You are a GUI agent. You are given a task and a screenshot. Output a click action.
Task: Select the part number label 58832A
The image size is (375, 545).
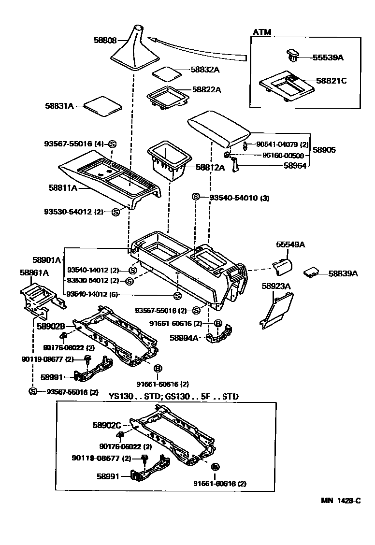tap(204, 70)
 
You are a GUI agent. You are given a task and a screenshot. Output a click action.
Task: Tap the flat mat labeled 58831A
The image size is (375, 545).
tap(102, 105)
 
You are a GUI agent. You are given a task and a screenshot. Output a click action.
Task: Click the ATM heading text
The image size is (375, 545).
tap(261, 32)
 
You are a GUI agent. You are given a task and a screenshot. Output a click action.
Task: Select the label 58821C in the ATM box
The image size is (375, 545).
tap(331, 81)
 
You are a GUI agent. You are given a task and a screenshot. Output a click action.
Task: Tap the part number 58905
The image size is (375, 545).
tap(323, 150)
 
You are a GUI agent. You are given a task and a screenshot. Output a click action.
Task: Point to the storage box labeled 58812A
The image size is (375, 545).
tap(169, 162)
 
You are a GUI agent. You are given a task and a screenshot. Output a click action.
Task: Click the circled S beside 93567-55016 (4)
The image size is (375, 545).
tap(112, 143)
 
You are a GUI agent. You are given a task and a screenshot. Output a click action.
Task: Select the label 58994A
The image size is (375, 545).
tap(184, 338)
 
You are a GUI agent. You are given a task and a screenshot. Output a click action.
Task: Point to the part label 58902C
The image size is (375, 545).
tap(106, 425)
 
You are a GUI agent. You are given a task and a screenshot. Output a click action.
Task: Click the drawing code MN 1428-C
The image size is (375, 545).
tap(340, 501)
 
